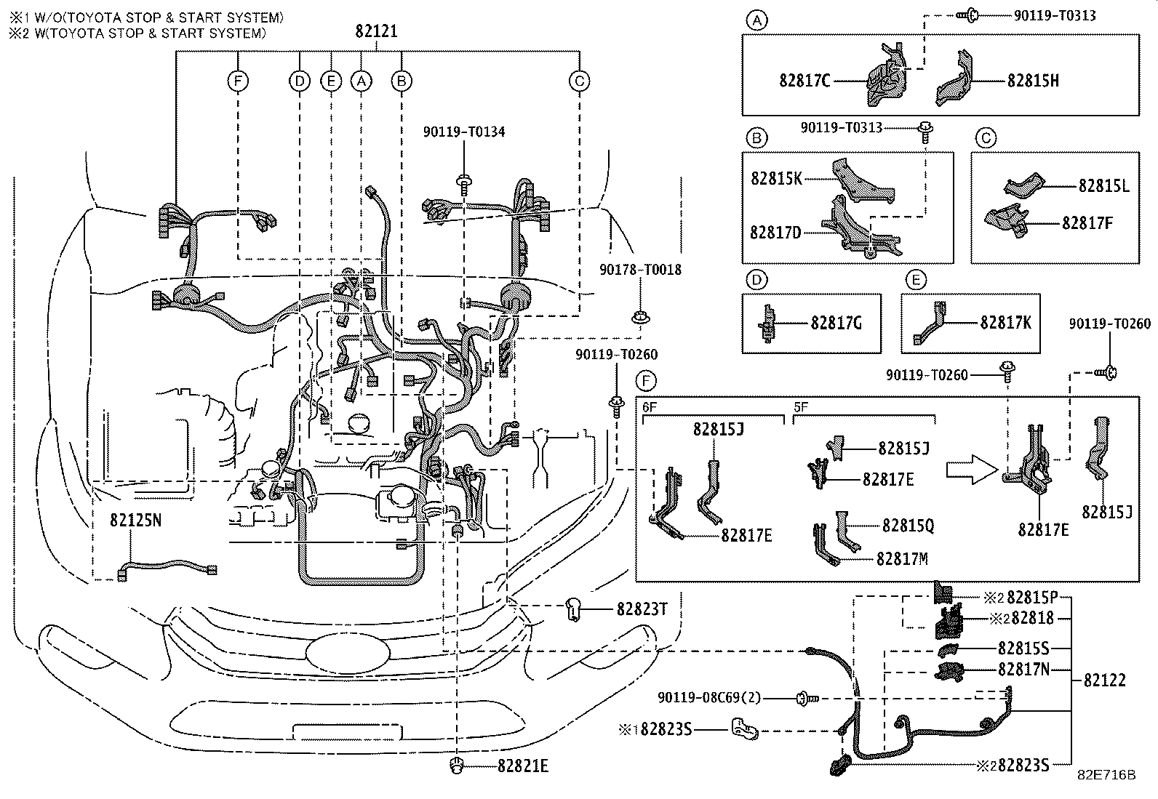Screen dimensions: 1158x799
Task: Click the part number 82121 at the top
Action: [x=376, y=31]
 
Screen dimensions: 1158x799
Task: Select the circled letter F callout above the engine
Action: [x=238, y=81]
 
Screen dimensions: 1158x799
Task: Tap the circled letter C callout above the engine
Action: [x=579, y=81]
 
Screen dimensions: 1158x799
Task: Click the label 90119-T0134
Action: [x=464, y=132]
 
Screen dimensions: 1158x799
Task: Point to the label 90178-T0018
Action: [x=641, y=270]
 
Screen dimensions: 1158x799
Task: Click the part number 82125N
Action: [x=135, y=521]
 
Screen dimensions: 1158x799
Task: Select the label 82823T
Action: [x=642, y=610]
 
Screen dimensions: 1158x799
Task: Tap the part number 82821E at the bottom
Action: [x=523, y=766]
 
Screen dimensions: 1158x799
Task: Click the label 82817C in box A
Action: [x=804, y=81]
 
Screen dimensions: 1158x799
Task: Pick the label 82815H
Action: [x=1033, y=81]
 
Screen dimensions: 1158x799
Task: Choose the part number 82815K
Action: [x=776, y=179]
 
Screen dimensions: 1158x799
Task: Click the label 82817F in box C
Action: [x=1087, y=223]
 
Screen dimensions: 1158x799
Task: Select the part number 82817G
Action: [x=836, y=324]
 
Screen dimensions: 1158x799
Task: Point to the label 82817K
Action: [x=1005, y=323]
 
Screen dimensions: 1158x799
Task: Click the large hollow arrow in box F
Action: [x=972, y=470]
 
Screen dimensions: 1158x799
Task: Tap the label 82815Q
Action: [x=909, y=526]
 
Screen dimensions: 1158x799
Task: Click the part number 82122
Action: [x=1105, y=680]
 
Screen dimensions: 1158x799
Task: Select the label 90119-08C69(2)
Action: [x=709, y=698]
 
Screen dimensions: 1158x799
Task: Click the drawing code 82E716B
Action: [x=1106, y=775]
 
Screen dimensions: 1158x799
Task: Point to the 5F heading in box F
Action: [x=801, y=407]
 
